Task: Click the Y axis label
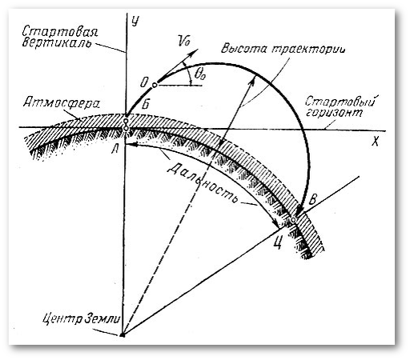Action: point(135,21)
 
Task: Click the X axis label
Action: point(375,142)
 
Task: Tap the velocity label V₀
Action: point(183,41)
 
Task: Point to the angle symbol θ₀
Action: point(200,74)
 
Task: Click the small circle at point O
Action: point(155,86)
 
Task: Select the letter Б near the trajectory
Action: point(146,105)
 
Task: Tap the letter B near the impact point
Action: point(313,199)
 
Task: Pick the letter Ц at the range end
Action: point(278,243)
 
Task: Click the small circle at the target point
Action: point(293,219)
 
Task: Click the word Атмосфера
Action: point(62,103)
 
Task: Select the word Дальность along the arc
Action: point(202,183)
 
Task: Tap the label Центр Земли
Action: point(82,318)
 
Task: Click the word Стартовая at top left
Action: point(60,32)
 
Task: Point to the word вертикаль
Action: point(57,42)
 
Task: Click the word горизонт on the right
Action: point(334,112)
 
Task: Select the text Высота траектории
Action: point(283,49)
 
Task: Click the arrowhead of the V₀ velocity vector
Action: point(195,50)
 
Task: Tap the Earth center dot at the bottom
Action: point(123,334)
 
